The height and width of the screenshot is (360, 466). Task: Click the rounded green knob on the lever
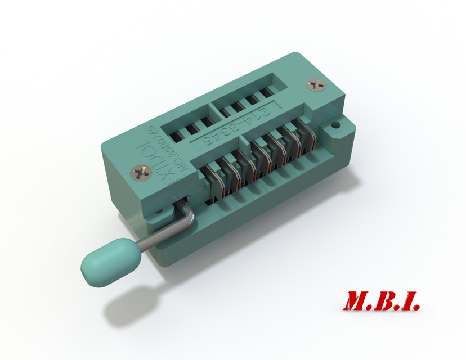pyautogui.click(x=110, y=261)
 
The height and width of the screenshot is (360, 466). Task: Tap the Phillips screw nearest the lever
pyautogui.click(x=141, y=172)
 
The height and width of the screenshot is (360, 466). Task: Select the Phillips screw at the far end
pyautogui.click(x=316, y=85)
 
